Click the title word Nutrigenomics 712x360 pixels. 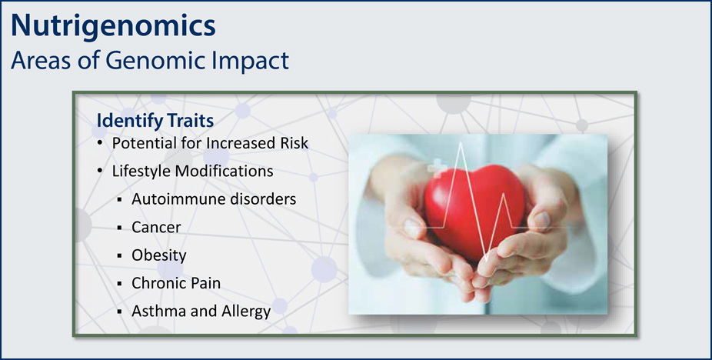coord(113,27)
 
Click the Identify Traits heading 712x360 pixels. coord(155,121)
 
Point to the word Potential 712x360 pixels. coord(140,143)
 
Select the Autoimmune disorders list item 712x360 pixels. coord(214,199)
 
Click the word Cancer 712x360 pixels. coord(156,227)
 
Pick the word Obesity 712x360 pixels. coord(159,255)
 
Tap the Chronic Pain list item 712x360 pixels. coord(176,283)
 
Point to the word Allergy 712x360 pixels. coord(246,312)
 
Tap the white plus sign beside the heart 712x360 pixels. coord(435,169)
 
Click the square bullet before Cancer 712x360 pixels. coord(120,228)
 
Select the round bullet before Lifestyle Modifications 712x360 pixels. coord(100,172)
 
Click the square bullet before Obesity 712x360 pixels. coord(120,256)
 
